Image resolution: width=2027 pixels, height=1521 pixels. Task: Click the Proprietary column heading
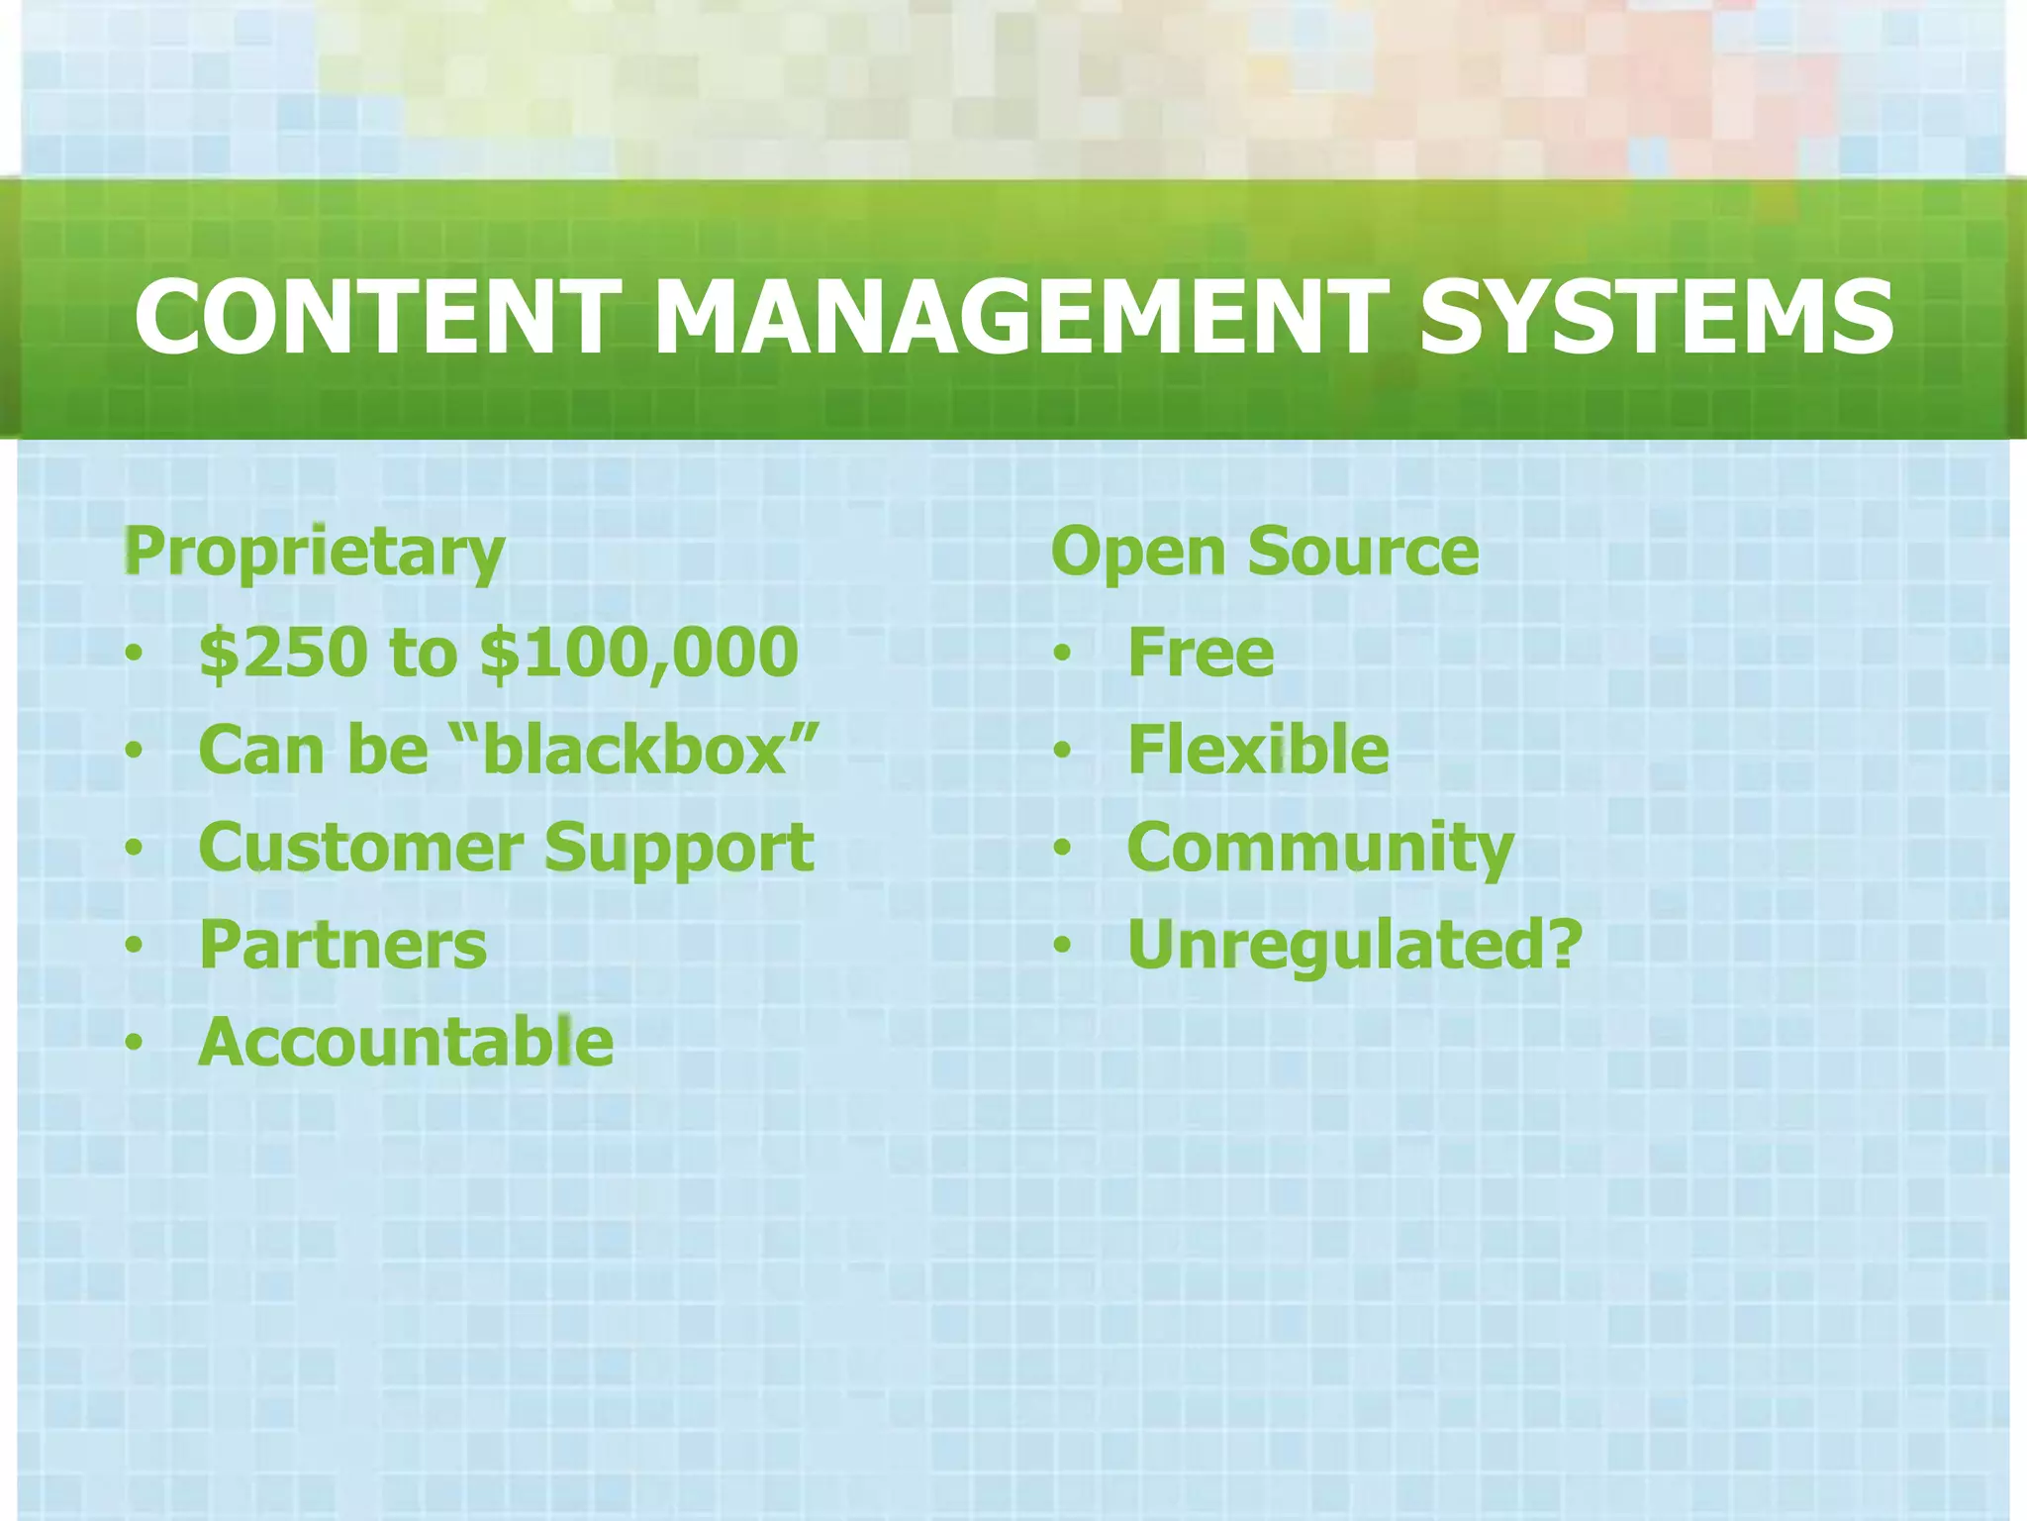coord(315,552)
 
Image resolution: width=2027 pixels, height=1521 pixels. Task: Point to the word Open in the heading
coord(1139,552)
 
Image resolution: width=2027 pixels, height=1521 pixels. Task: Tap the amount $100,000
coord(639,653)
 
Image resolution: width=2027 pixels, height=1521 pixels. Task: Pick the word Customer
coord(361,848)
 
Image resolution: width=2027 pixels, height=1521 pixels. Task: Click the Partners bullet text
coord(343,945)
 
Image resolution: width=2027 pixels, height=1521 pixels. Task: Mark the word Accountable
coord(407,1042)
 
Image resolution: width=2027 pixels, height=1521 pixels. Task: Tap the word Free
coord(1201,653)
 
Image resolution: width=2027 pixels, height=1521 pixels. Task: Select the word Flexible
coord(1258,750)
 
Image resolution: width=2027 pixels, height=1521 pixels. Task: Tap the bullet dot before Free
coord(1062,654)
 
